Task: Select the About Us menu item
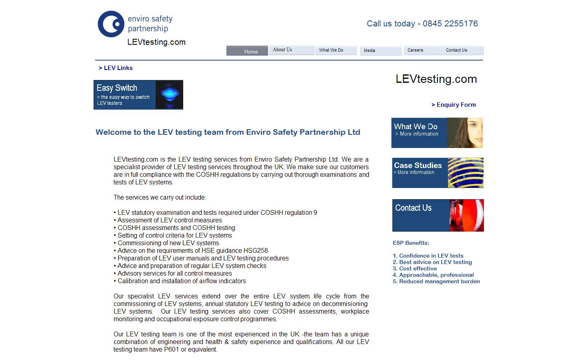tap(282, 50)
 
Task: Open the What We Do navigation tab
tap(331, 50)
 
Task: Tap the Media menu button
tap(370, 51)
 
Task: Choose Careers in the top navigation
tap(415, 50)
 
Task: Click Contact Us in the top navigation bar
tap(456, 50)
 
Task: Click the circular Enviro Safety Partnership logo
tap(111, 24)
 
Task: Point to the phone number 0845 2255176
tap(450, 24)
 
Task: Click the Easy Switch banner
tap(138, 95)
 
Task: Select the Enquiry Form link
tap(454, 105)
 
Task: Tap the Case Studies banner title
tap(418, 165)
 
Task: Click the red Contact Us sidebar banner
tap(438, 215)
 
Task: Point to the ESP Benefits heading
tap(411, 243)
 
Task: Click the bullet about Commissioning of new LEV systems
tap(168, 243)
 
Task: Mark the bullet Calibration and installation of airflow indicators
tap(182, 281)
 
